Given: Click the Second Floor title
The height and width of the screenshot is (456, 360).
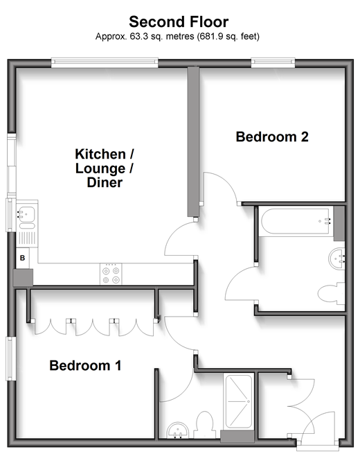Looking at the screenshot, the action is click(179, 21).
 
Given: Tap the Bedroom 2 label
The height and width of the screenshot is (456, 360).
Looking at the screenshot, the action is click(272, 137).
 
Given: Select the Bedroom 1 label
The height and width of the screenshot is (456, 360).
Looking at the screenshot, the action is click(85, 365).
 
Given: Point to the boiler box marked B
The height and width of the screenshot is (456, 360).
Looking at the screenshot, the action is click(22, 258).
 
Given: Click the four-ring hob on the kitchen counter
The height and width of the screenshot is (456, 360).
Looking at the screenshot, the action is click(111, 274).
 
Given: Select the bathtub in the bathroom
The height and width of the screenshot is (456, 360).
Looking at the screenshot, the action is click(295, 221).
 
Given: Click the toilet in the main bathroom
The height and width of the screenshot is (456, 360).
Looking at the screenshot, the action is click(331, 293).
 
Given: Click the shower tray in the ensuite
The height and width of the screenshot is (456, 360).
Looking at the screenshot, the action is click(239, 401).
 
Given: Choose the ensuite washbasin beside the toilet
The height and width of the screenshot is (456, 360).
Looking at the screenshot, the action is click(178, 430).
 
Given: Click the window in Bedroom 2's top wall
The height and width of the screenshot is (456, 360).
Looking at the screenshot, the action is click(273, 63).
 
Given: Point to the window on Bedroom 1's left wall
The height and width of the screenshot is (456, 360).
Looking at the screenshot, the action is click(11, 358).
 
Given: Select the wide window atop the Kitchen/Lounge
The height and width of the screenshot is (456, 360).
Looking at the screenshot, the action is click(105, 63).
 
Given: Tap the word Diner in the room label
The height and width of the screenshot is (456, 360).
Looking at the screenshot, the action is click(105, 182).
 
